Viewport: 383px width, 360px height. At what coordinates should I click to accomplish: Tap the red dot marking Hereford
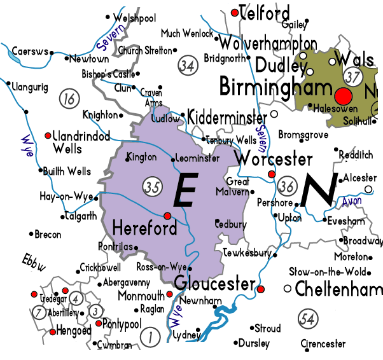click(167, 215)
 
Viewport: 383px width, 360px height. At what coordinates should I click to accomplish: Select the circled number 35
click(151, 187)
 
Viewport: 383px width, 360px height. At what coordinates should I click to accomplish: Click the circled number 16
click(67, 99)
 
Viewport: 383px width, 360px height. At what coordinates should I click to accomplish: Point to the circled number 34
click(186, 66)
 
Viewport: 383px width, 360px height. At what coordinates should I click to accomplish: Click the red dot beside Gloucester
click(260, 289)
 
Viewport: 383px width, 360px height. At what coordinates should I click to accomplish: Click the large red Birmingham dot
click(344, 97)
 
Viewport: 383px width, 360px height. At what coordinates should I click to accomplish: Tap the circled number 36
click(287, 186)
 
